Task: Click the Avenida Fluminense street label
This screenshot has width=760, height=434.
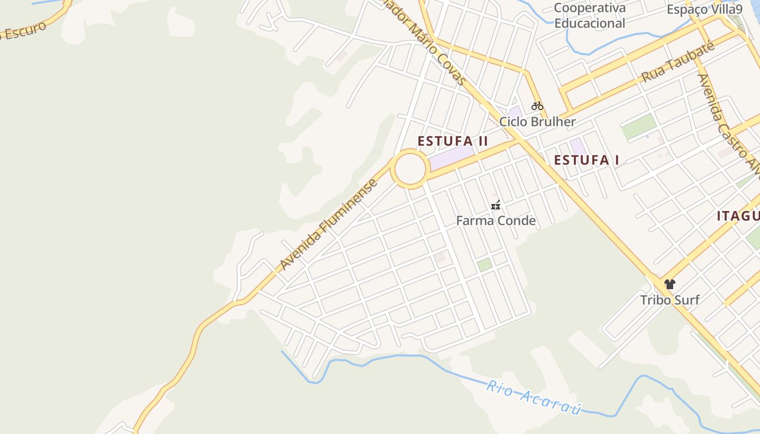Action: click(x=329, y=224)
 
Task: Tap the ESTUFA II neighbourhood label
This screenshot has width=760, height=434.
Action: click(x=453, y=141)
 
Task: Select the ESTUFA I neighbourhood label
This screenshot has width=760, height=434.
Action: click(x=586, y=160)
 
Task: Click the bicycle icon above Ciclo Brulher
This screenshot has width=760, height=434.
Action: click(x=537, y=106)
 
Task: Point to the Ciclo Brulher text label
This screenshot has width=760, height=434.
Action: click(x=537, y=122)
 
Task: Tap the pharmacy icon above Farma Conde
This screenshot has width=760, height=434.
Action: click(x=496, y=205)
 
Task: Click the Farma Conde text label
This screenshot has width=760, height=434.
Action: click(x=496, y=221)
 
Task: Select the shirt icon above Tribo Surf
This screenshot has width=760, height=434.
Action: click(x=669, y=284)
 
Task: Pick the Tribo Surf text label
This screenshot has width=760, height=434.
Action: click(x=669, y=300)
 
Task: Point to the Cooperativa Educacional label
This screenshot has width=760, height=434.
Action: click(x=590, y=16)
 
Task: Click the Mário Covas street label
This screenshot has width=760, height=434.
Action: click(x=429, y=46)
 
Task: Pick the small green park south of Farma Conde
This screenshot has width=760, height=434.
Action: click(x=484, y=264)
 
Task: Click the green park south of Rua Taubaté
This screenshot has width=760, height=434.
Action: click(x=639, y=126)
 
